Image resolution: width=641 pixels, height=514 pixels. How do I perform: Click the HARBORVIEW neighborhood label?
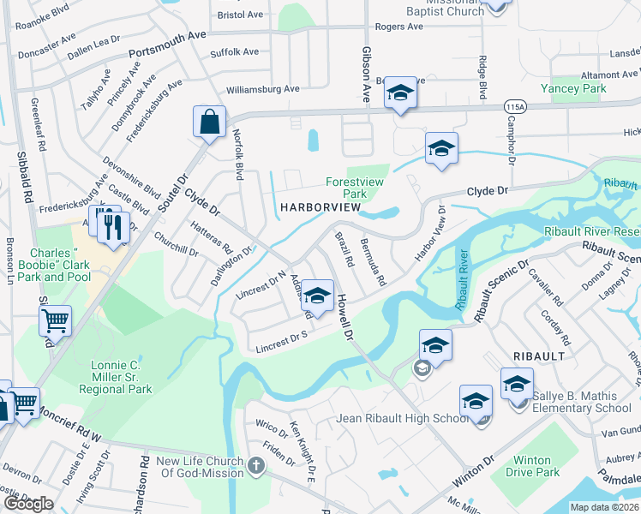click(x=316, y=208)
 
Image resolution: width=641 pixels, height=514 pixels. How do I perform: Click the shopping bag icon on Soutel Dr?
click(x=209, y=123)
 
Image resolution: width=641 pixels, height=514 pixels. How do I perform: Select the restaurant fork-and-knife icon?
click(x=113, y=227)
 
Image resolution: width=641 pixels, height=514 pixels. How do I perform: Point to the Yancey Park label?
click(x=579, y=88)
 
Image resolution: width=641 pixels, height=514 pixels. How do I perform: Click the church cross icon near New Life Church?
click(x=255, y=466)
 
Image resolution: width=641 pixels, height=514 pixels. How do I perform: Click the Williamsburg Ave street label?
click(x=262, y=89)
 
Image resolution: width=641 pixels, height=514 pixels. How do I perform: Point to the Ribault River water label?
click(x=463, y=279)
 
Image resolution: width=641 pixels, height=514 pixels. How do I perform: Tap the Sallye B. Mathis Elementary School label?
click(x=581, y=402)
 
